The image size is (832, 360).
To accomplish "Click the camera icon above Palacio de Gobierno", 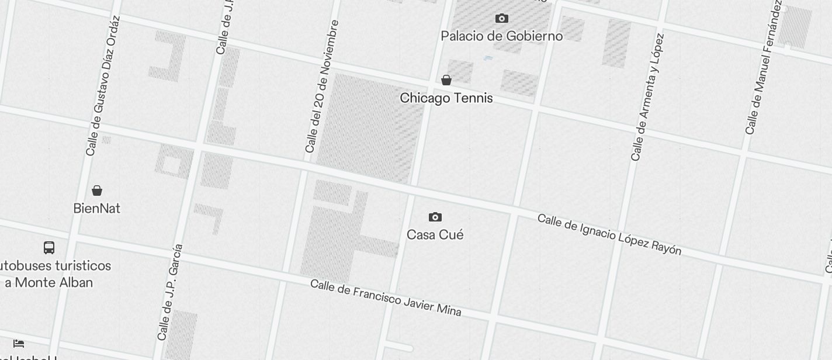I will click(501, 19).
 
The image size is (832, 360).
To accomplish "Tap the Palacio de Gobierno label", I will click(501, 36).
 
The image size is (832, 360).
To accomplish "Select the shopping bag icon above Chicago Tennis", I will click(446, 80).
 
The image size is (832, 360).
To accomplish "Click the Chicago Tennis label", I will click(446, 98).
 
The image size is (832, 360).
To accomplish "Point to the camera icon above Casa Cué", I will click(435, 217).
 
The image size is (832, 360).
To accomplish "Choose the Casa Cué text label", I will click(435, 235).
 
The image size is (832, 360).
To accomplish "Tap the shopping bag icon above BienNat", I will click(97, 191).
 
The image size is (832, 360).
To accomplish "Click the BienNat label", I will click(97, 209).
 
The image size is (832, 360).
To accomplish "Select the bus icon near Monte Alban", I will click(49, 248).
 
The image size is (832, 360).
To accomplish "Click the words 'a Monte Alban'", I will click(49, 283).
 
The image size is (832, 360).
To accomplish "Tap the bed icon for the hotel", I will click(19, 343).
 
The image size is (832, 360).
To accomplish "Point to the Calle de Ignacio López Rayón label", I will click(609, 234).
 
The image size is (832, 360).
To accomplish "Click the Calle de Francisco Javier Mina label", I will click(386, 297).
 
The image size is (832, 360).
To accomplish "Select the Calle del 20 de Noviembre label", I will click(322, 87).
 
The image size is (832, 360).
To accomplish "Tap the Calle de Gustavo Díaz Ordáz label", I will click(103, 86).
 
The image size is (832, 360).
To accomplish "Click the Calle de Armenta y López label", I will click(647, 98).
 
